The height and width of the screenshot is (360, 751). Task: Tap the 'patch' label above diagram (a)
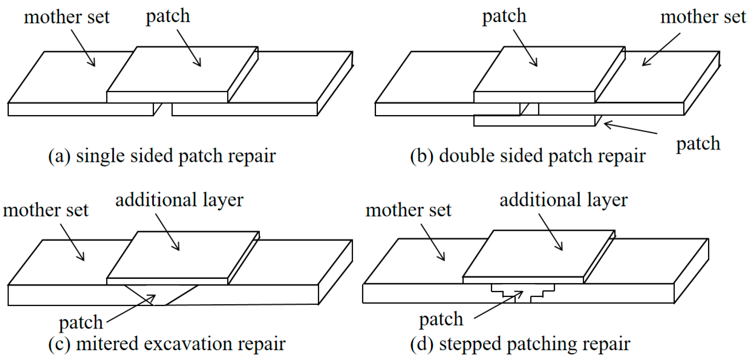(x=168, y=16)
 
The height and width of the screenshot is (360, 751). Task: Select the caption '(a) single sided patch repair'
(x=162, y=156)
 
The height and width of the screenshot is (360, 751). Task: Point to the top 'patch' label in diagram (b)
(x=504, y=16)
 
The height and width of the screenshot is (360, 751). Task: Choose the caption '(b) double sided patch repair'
(x=528, y=156)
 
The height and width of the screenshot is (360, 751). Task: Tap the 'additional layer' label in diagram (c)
(x=179, y=200)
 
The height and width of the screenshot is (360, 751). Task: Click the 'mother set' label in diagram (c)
(x=45, y=210)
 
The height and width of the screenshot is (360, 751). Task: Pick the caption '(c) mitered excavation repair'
(x=167, y=344)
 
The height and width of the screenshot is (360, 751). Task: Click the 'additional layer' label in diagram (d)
(x=564, y=200)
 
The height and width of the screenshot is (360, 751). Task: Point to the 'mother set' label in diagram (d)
(x=408, y=210)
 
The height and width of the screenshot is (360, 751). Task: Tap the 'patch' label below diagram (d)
(x=441, y=320)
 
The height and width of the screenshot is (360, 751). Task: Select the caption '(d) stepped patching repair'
(x=520, y=344)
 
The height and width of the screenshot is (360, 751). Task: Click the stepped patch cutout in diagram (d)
(x=523, y=293)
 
